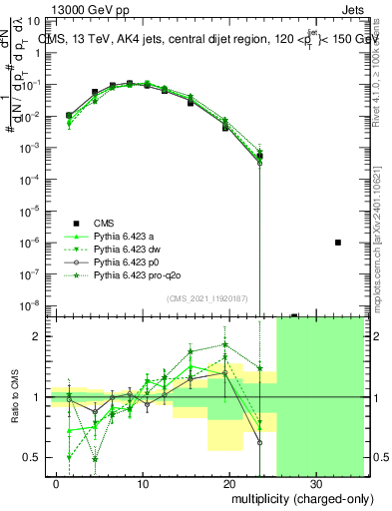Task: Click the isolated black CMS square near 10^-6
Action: tap(338, 243)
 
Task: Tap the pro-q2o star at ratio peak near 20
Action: tap(226, 345)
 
